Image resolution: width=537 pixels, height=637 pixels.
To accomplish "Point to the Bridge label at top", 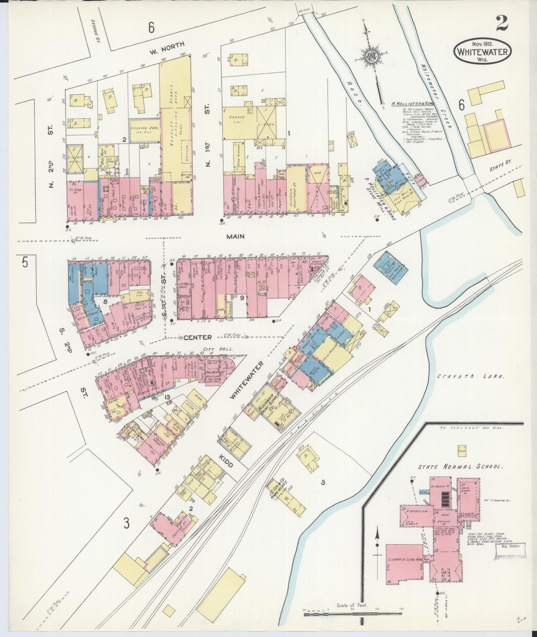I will click(x=305, y=11).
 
